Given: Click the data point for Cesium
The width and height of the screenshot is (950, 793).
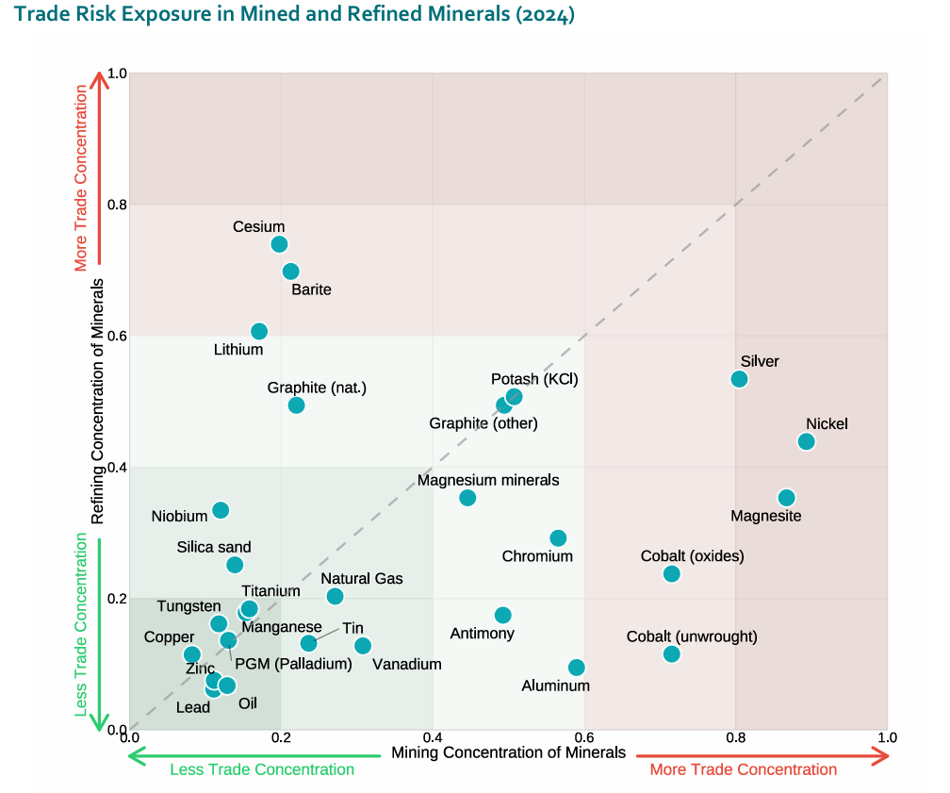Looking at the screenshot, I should pos(279,244).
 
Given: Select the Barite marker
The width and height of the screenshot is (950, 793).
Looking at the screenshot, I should pos(291,272).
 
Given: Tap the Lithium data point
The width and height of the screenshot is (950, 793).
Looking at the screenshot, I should pos(259,331).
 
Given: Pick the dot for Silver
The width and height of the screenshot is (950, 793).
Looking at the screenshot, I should pos(739,379).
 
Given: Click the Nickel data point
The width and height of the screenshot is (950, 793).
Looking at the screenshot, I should pos(806,441).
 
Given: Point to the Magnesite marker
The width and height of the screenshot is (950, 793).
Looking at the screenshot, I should pos(787,498).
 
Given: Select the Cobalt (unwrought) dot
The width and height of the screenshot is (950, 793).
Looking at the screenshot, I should pos(671,654).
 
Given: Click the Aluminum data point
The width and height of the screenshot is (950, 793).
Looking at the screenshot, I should pos(577,668).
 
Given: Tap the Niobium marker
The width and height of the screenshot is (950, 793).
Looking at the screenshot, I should pos(221,510).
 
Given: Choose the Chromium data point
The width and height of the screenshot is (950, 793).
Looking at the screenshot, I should pos(558,538).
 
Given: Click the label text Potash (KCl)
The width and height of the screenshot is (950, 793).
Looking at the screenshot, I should pos(534,379).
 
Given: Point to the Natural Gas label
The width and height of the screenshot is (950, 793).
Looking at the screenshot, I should pos(361,578).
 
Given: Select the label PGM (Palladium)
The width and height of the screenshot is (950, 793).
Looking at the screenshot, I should pos(293,664).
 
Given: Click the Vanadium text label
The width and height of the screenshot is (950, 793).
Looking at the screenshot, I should pos(407,664).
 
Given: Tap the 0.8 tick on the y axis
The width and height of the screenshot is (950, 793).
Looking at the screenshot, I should pos(116,205).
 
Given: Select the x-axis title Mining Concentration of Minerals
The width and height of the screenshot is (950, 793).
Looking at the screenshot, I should pos(508,752).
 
